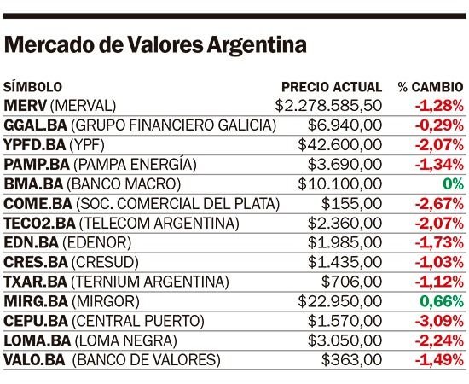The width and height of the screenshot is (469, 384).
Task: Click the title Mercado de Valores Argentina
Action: click(x=155, y=45)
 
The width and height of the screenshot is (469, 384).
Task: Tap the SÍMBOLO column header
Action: click(x=32, y=87)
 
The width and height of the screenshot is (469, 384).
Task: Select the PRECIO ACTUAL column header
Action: click(x=332, y=87)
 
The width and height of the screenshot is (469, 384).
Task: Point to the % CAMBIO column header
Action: click(x=431, y=87)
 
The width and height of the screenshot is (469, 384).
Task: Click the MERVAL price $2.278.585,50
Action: click(x=328, y=106)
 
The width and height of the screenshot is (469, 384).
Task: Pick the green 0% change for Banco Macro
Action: click(x=453, y=183)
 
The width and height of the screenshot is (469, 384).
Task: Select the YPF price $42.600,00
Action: click(x=340, y=145)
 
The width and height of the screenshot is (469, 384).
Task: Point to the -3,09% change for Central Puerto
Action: click(x=439, y=321)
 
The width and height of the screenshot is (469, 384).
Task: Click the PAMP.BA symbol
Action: click(x=37, y=165)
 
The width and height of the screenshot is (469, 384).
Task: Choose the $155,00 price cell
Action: click(x=351, y=204)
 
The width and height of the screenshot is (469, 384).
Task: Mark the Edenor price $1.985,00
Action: click(x=345, y=242)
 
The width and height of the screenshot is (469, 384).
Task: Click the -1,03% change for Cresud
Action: click(x=439, y=262)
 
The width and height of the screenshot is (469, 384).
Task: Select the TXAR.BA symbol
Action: click(x=35, y=282)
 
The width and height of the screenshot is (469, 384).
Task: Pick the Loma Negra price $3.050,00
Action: click(x=345, y=340)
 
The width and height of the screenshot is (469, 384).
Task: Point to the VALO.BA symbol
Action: click(x=34, y=360)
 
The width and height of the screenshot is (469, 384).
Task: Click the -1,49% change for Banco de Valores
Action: click(x=439, y=360)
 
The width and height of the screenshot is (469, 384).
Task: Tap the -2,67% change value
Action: click(x=439, y=204)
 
